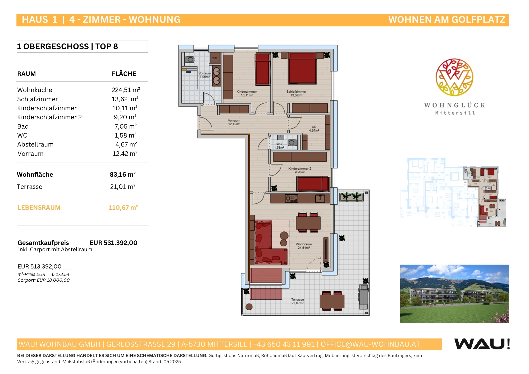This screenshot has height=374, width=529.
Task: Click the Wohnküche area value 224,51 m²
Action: pos(126,90)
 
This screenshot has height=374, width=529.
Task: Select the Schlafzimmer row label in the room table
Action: pos(38,99)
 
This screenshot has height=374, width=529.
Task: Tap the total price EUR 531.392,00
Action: pos(113,243)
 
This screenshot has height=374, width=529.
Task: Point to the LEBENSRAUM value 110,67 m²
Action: pos(123,208)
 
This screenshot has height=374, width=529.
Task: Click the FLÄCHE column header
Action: pos(124,74)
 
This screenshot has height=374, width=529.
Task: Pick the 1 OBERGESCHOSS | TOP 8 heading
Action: pos(67,47)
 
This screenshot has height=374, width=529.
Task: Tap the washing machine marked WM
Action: pos(215,58)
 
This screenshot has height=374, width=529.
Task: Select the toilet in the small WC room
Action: pos(292,143)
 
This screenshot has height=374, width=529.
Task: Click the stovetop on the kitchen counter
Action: pos(291,198)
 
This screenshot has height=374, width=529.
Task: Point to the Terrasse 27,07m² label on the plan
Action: pos(298,301)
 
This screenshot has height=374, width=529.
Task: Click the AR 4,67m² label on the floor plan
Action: pos(314,129)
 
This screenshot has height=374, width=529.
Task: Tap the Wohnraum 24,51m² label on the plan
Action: pos(304,246)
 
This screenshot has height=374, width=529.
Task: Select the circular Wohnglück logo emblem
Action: pos(454,77)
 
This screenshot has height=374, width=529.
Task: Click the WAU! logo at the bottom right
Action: pos(482,344)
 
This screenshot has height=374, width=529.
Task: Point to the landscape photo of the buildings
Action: pos(454,294)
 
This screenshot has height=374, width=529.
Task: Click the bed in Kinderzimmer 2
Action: pos(313,184)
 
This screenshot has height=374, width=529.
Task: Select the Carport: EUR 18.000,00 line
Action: pos(44,280)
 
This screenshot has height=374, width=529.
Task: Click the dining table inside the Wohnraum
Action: pos(308,223)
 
